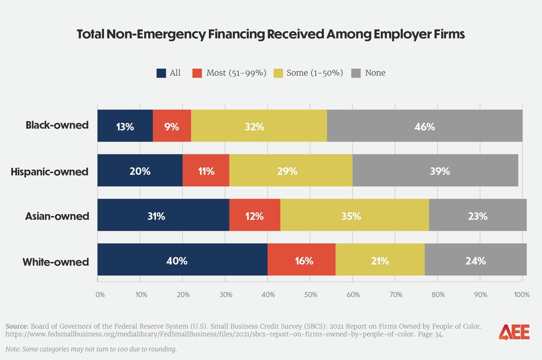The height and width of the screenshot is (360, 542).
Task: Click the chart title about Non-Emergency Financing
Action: tap(271, 34)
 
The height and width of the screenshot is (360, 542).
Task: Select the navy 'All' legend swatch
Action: tap(161, 73)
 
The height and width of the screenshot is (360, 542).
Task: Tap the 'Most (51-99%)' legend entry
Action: tap(229, 73)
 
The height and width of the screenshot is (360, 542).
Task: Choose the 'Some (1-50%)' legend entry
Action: tap(308, 73)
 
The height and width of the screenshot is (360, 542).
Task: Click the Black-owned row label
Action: tap(57, 125)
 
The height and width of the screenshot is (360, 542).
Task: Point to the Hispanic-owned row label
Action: tap(50, 171)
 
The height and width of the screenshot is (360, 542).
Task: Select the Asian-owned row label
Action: tap(56, 216)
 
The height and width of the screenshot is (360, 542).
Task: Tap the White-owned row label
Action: tap(55, 262)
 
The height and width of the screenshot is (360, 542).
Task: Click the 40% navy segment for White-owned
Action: tap(182, 261)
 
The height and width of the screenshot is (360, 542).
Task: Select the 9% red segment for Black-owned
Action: tap(172, 126)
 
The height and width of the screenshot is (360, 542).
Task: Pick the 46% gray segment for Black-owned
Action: tap(424, 126)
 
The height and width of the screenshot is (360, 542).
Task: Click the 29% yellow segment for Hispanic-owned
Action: tap(291, 171)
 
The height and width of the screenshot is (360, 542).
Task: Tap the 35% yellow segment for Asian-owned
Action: tap(355, 216)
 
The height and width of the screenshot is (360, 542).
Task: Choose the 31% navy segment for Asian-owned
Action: tap(163, 216)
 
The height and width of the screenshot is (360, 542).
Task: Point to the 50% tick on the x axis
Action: tap(310, 294)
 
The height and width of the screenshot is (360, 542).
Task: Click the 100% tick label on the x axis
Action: tap(522, 294)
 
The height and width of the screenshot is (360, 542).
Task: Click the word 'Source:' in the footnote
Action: tap(18, 326)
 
